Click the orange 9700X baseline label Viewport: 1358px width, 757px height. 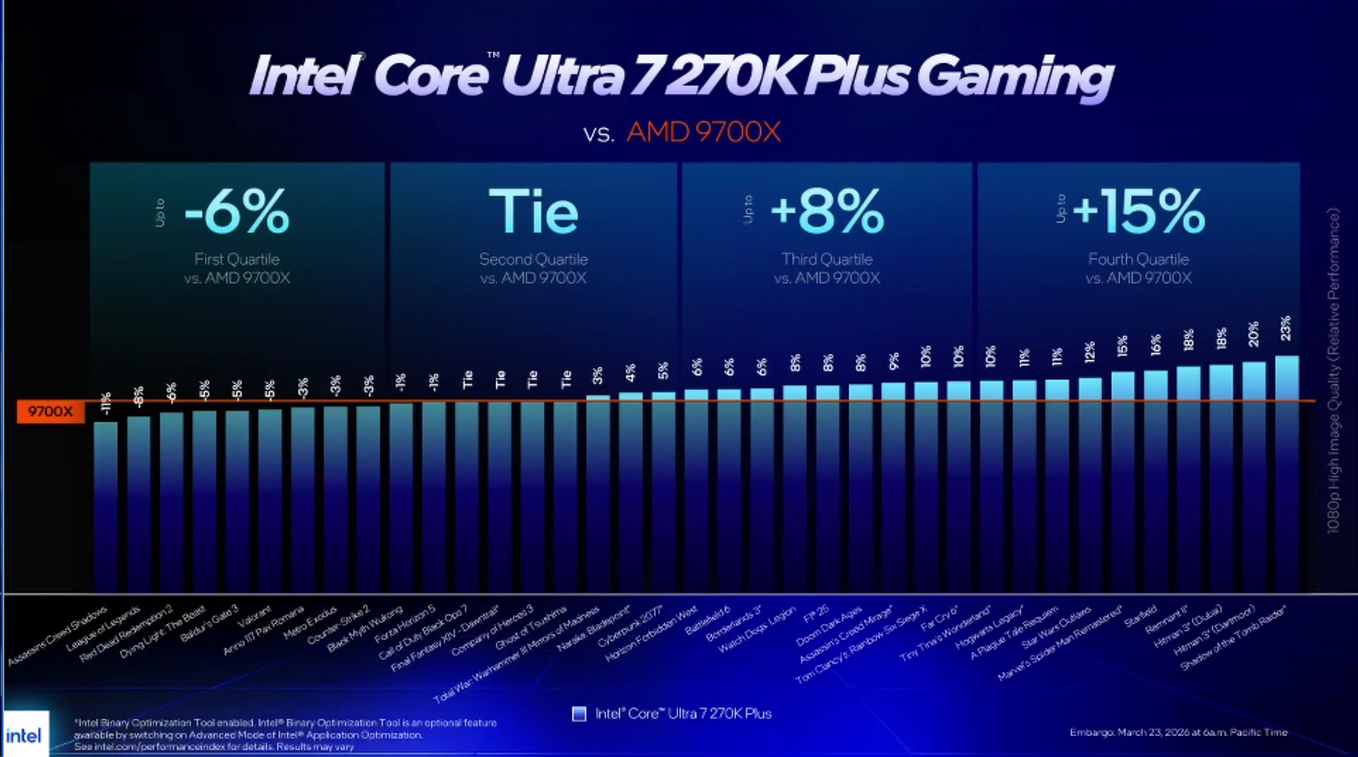point(51,411)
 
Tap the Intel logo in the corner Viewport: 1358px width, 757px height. point(24,735)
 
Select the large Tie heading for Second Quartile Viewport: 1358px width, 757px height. point(533,212)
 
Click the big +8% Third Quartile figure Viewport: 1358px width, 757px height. point(827,212)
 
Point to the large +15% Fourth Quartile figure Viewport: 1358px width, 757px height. point(1139,212)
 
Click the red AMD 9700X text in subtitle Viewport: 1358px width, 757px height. point(703,133)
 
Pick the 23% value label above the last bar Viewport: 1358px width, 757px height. point(1285,329)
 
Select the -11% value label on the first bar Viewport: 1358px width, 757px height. point(106,403)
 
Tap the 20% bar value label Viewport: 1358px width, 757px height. point(1253,334)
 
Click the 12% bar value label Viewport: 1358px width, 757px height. point(1089,351)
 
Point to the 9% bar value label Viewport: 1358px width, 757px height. point(894,361)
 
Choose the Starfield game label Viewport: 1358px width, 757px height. point(1140,617)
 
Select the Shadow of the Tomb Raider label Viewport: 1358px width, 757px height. point(1232,638)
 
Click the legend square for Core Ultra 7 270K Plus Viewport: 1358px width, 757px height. point(579,714)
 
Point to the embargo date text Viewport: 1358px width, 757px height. point(1178,733)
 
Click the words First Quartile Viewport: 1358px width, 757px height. point(237,260)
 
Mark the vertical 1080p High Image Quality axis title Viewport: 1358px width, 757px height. point(1333,372)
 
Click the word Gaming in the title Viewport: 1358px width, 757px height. point(1014,77)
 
